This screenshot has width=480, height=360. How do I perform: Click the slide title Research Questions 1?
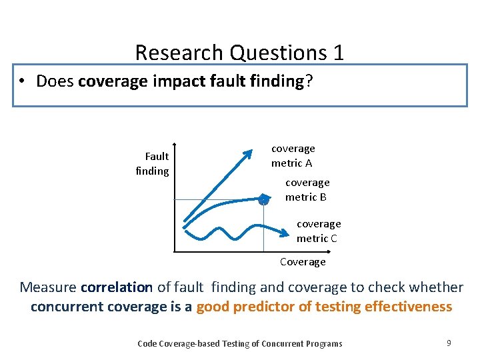239,52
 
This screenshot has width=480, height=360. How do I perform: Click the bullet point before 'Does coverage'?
23,81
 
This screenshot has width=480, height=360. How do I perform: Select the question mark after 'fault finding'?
308,81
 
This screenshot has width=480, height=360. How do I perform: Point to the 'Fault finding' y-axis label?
152,163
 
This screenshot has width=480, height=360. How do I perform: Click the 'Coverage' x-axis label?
303,262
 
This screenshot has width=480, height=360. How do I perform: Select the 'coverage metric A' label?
293,156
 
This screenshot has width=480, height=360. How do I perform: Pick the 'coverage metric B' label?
307,189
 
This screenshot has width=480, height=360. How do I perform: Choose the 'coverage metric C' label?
318,231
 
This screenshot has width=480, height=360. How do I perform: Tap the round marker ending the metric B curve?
263,199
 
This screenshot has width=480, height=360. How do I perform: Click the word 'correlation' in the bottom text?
116,287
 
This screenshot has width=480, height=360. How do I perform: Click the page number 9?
449,343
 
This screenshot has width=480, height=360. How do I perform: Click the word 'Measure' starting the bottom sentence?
48,287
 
